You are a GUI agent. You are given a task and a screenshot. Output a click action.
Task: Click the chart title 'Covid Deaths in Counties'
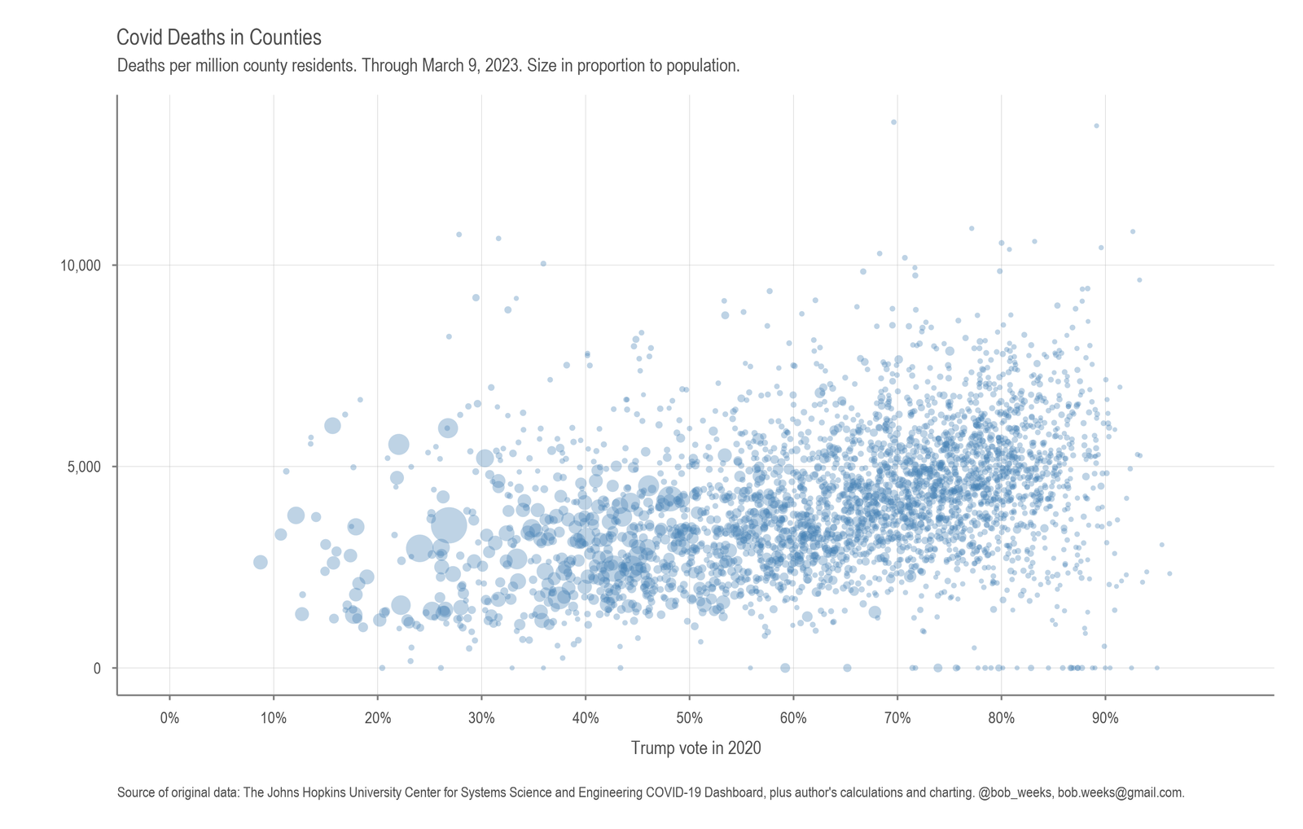coord(219,37)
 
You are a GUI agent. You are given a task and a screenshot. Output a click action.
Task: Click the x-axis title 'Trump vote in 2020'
coord(695,748)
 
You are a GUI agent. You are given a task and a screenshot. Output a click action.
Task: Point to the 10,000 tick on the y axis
coord(80,265)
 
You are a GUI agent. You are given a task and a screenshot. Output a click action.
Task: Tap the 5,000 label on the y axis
coord(84,467)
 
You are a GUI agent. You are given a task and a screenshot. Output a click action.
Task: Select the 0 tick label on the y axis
coord(97,668)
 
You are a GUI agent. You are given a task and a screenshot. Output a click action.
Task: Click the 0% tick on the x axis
coord(169,718)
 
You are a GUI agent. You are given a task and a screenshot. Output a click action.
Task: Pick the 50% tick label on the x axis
coord(689,718)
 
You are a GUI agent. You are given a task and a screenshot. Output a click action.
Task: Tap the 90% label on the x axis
coord(1105,718)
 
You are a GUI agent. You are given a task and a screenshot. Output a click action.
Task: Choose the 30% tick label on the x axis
coord(481,718)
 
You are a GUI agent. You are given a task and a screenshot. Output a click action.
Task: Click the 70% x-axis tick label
coord(897,718)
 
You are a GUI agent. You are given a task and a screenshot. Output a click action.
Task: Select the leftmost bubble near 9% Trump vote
coord(260,562)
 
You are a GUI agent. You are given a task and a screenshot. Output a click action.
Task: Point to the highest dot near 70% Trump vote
coord(893,122)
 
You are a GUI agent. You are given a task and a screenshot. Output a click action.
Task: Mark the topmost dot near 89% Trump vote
coord(1096,125)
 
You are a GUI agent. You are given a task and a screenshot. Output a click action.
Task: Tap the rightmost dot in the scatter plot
coord(1169,573)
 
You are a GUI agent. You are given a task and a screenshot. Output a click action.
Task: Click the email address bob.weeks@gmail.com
coord(1120,792)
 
